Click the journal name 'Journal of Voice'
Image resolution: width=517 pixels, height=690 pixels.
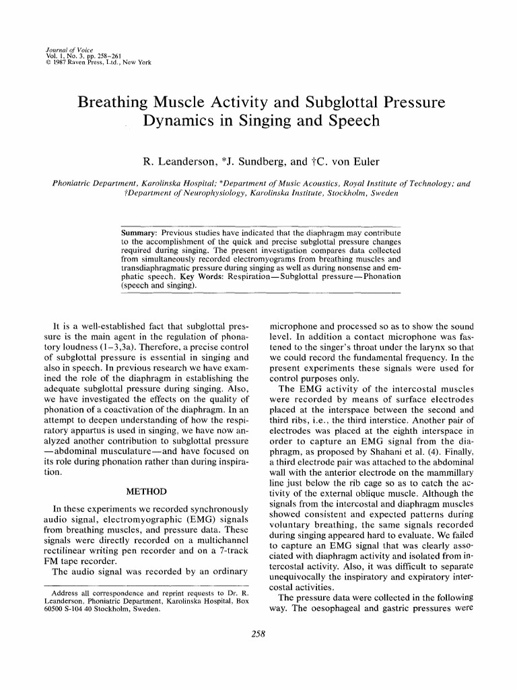coord(63,51)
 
